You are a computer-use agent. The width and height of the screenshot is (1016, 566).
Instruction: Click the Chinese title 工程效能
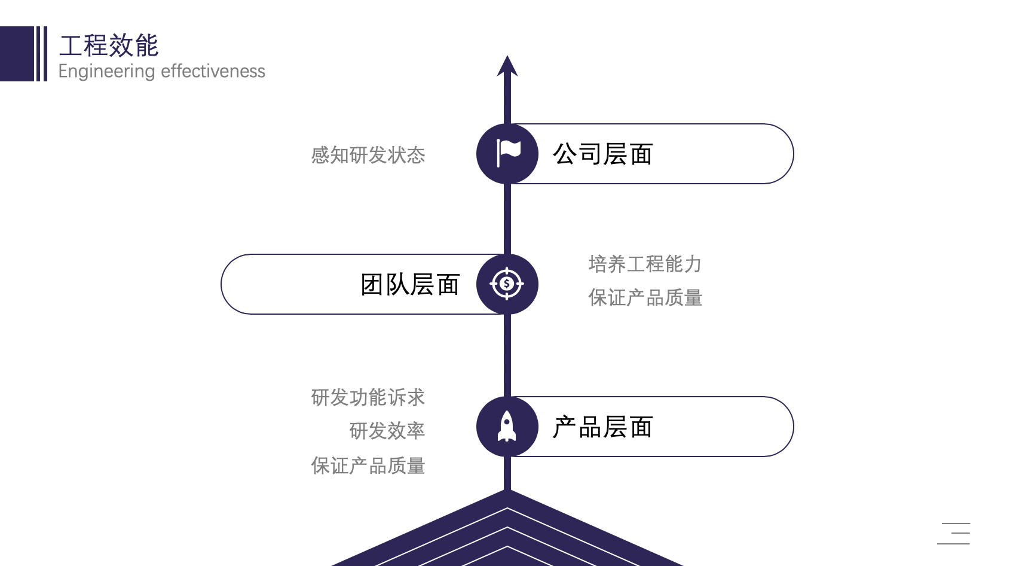[109, 45]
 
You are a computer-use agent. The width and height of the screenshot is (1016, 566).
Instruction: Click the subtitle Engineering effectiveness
[161, 71]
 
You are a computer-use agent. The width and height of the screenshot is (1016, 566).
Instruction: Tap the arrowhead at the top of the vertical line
[507, 66]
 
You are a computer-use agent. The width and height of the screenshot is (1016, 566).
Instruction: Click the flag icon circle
[507, 154]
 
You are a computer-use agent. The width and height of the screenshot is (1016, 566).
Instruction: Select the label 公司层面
[602, 154]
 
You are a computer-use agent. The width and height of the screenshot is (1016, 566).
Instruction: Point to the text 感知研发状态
[368, 156]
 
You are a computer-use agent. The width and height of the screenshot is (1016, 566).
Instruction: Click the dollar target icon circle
[507, 284]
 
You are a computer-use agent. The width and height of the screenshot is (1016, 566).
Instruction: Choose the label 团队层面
[410, 285]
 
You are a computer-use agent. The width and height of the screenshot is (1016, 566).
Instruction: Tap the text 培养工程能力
[645, 264]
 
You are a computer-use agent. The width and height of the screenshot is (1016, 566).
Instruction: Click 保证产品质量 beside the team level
[645, 297]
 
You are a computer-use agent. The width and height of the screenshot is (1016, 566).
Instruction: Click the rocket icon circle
[507, 427]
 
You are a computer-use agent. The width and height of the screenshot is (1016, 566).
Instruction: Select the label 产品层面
[602, 427]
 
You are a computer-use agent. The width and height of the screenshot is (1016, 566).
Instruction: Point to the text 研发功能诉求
[368, 397]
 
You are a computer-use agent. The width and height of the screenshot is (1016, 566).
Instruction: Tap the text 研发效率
[387, 431]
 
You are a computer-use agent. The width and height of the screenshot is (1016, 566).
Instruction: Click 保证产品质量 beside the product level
[368, 465]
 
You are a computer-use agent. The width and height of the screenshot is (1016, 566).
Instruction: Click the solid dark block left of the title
[17, 54]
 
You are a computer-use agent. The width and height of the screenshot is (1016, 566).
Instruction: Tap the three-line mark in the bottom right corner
[954, 533]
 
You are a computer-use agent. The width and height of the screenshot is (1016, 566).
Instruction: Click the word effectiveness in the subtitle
[213, 71]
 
